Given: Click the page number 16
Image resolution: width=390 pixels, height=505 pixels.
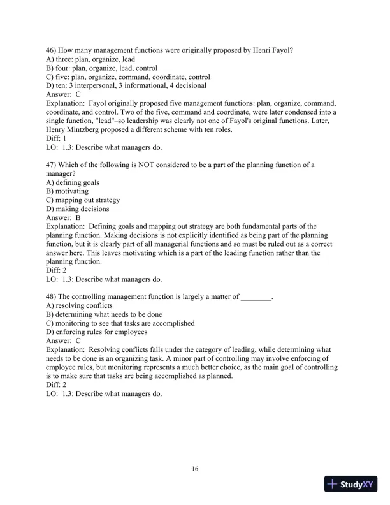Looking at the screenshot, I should pos(195,469).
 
